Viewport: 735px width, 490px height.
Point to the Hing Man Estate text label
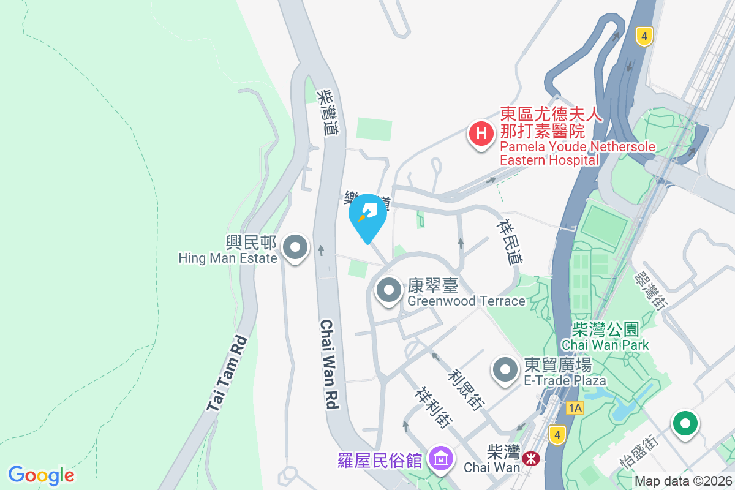(228, 250)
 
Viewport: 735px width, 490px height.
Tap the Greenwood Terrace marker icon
(388, 290)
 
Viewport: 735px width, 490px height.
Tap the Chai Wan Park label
(605, 337)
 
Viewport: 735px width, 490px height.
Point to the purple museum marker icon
(440, 458)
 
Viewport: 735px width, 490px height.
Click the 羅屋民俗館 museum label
(380, 459)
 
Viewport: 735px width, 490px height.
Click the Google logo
(42, 475)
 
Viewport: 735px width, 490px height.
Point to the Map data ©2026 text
(682, 481)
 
